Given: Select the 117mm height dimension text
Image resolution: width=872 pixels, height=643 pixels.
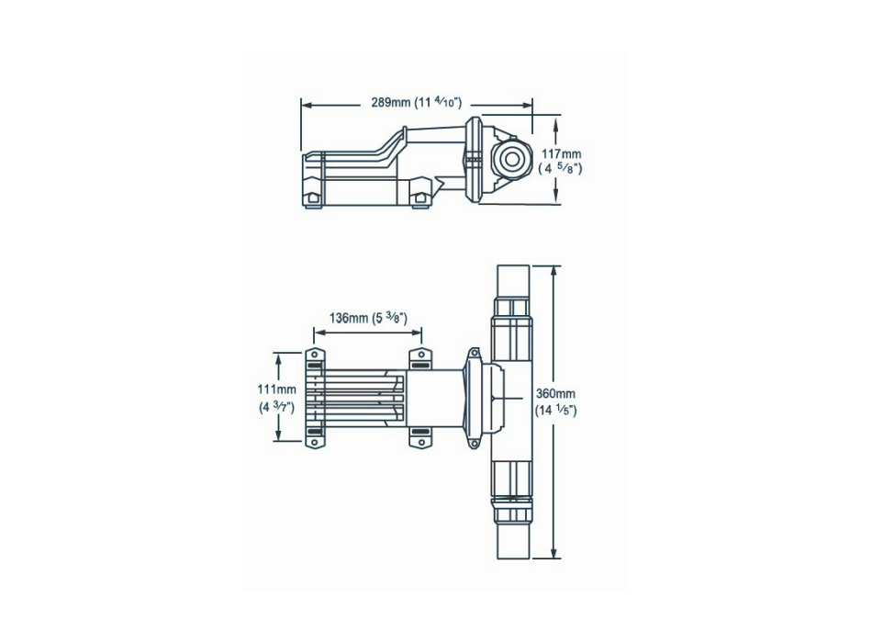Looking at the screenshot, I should click(x=560, y=154).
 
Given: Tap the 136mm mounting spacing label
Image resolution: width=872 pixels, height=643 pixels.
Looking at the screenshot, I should click(x=367, y=318).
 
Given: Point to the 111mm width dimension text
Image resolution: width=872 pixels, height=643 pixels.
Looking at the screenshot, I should click(x=276, y=390).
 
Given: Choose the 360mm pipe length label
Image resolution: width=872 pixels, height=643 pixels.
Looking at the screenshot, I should click(x=555, y=393).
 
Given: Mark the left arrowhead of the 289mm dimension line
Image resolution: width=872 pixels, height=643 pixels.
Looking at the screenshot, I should click(x=307, y=105).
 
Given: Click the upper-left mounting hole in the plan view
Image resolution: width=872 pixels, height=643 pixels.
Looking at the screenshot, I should click(x=312, y=355).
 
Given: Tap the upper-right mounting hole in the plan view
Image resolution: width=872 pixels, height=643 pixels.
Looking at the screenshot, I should click(x=420, y=355).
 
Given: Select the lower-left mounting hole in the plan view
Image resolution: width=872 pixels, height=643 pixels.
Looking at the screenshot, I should click(x=312, y=444).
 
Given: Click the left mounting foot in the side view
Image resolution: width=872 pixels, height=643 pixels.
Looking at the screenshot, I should click(x=313, y=197).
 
